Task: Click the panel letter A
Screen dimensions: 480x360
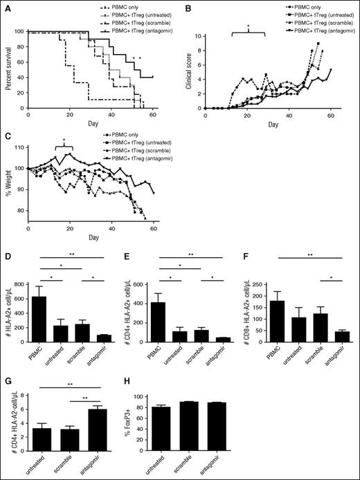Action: [6, 6]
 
